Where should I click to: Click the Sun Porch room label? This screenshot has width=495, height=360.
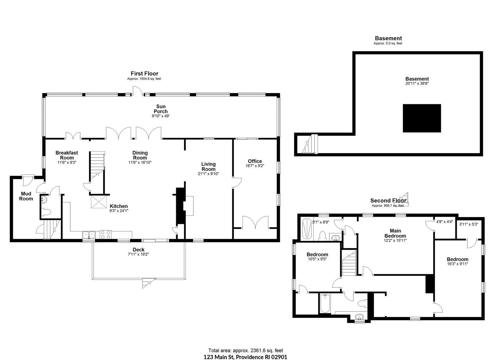point(161,109)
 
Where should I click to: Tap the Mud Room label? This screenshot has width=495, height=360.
point(26,196)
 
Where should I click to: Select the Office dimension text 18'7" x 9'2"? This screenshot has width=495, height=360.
point(255,166)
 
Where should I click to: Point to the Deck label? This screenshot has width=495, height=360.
point(139,250)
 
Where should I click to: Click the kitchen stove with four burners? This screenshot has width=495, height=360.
point(106,235)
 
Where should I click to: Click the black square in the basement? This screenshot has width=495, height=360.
point(422,118)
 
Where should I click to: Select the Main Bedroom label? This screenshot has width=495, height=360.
point(395,233)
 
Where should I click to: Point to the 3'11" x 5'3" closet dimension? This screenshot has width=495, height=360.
point(469,224)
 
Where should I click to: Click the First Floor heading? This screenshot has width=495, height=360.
point(145,74)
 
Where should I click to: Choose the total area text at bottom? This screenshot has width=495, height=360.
point(246,350)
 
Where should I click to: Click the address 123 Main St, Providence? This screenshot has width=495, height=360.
point(245,357)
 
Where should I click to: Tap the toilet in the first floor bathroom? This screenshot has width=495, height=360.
point(47,213)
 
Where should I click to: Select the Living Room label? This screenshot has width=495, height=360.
point(208,167)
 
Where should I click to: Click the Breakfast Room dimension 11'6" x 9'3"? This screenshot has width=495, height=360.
point(67,162)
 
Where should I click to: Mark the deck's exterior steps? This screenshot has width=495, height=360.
point(148,283)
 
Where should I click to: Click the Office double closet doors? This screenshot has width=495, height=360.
point(255,222)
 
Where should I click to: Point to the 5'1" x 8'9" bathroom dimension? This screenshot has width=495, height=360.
point(321,222)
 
